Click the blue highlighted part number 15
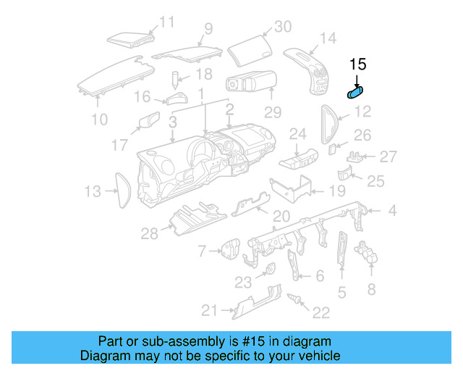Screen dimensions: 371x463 [355, 93]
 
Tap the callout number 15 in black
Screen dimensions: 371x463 [358, 64]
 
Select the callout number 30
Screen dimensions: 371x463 [281, 27]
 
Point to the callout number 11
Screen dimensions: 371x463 [167, 22]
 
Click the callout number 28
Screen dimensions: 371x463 [150, 233]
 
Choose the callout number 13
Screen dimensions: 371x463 [93, 191]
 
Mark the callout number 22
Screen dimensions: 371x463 [320, 312]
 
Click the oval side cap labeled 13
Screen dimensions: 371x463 [122, 189]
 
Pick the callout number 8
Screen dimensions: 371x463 [371, 289]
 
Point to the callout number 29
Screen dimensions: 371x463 [272, 113]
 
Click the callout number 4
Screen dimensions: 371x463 [391, 212]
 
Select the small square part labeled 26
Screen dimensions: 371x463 [332, 149]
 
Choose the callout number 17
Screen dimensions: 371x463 [120, 145]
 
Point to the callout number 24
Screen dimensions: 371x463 [298, 133]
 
